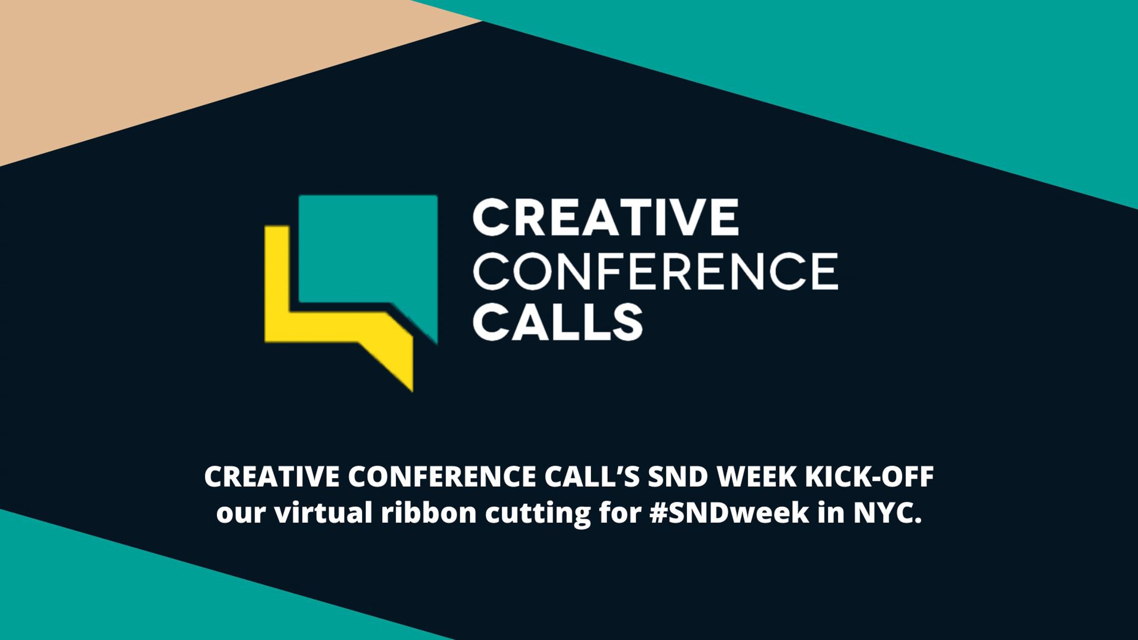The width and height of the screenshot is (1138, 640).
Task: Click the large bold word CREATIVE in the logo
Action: click(x=606, y=217)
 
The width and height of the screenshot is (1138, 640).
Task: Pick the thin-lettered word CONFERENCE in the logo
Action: click(x=655, y=271)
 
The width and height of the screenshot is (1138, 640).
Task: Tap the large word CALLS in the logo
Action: click(x=557, y=322)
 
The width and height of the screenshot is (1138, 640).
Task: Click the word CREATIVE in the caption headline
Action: click(x=272, y=477)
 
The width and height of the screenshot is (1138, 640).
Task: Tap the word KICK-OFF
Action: click(x=870, y=477)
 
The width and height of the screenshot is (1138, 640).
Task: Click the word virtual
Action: click(x=323, y=513)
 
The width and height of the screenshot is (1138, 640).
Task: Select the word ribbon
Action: click(x=429, y=513)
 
